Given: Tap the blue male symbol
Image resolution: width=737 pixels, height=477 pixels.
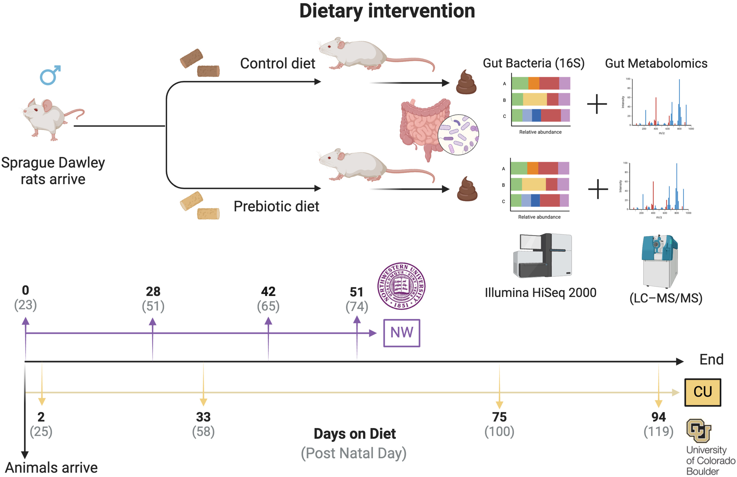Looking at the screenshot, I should (50, 75).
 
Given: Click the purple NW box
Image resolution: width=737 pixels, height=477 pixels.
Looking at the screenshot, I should (402, 333).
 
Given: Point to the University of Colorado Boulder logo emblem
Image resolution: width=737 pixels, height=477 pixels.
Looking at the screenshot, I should (699, 431).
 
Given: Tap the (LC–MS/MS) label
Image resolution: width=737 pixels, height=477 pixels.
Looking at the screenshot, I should (666, 298).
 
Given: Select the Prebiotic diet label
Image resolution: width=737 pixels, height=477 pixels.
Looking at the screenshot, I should (276, 206).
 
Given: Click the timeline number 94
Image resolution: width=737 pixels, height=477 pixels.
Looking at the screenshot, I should (658, 417).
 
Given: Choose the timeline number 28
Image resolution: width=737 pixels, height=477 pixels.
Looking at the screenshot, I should (153, 291).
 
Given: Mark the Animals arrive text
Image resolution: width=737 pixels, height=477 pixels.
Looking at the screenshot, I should (51, 468).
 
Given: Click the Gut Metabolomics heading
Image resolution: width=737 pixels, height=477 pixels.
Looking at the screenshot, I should (656, 64).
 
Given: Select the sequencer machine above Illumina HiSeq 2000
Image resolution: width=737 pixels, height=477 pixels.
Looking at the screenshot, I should (543, 256).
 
